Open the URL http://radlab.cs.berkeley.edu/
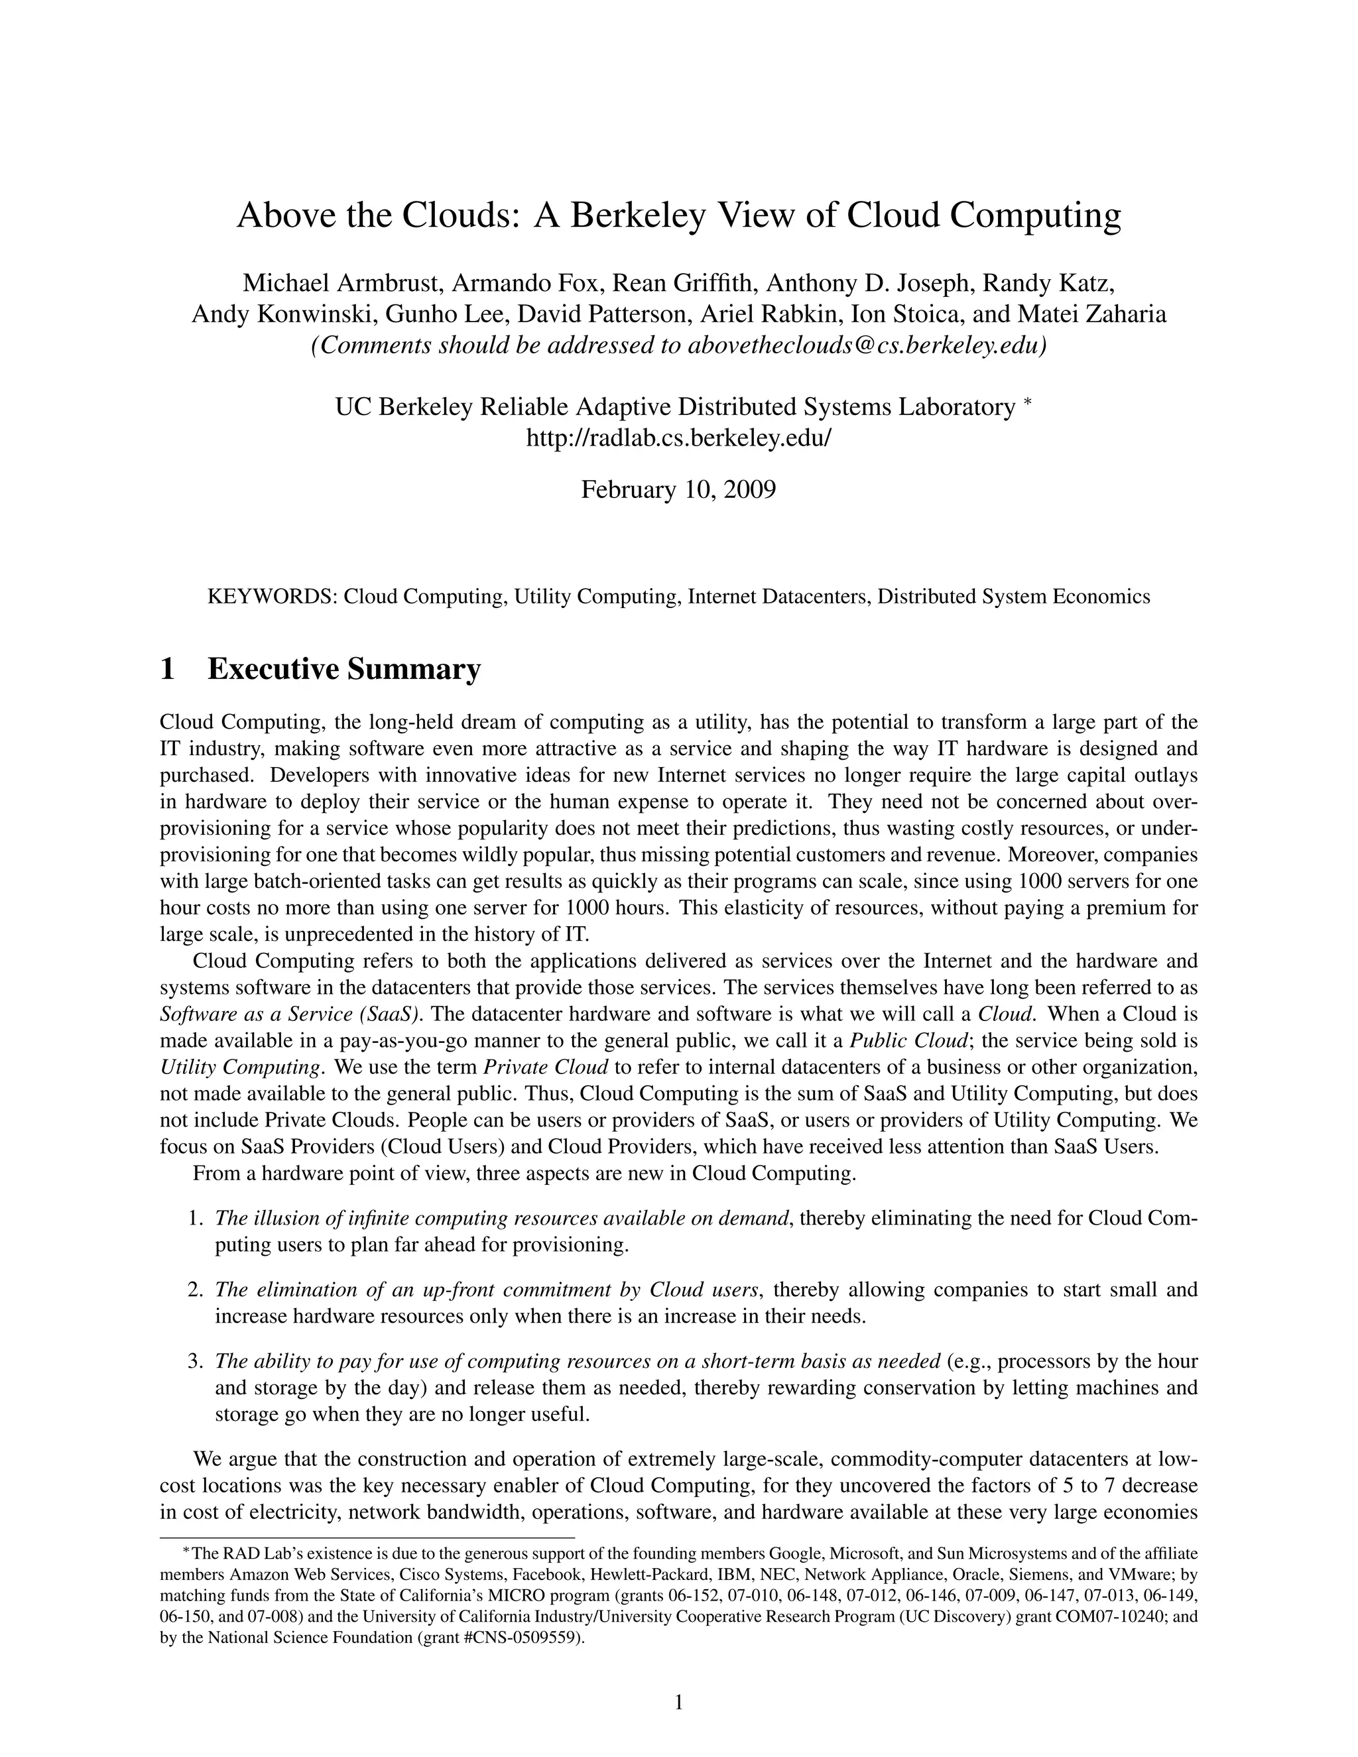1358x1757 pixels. [678, 438]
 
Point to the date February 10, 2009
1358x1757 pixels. [678, 489]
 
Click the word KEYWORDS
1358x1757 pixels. [271, 597]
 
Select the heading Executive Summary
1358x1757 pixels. [343, 668]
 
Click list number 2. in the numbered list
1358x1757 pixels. [195, 1290]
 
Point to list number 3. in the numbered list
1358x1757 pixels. [195, 1361]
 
